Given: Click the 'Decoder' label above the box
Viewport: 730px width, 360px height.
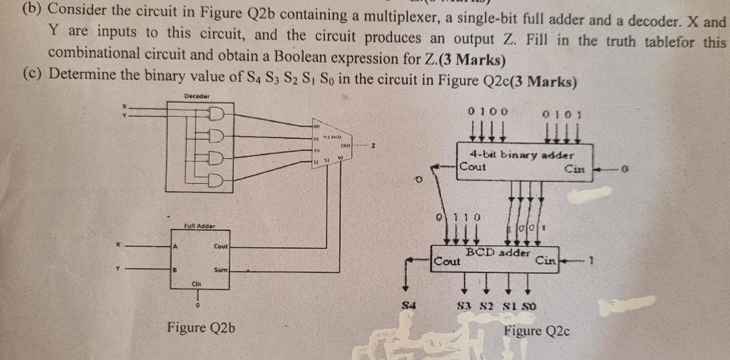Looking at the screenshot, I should point(196,96).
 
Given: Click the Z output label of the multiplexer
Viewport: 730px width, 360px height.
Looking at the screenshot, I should point(373,146).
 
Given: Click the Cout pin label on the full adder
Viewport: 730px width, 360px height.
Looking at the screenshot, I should point(220,246).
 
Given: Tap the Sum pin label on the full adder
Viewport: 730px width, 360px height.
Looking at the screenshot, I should point(220,271).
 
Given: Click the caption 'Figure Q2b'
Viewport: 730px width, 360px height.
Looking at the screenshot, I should point(201,328).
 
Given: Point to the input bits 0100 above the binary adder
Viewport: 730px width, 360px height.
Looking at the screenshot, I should point(488,111).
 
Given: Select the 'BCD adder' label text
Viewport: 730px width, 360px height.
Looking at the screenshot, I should point(498,252).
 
